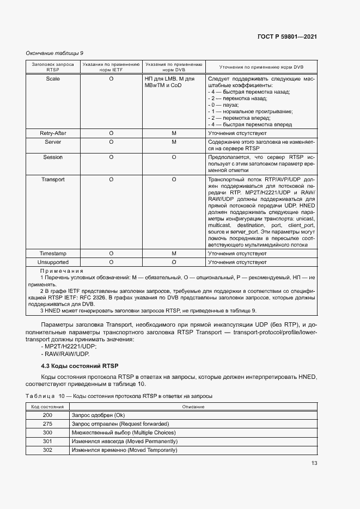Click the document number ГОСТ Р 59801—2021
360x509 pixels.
click(286, 38)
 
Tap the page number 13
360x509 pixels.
click(314, 463)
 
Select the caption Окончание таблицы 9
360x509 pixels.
click(54, 53)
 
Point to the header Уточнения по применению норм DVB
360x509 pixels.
click(261, 68)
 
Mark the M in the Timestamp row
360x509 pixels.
click(174, 254)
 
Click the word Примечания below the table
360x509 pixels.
click(62, 271)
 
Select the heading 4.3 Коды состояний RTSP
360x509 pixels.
click(80, 364)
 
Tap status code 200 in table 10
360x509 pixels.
click(47, 415)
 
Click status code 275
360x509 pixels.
click(47, 424)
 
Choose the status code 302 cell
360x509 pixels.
click(47, 450)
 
